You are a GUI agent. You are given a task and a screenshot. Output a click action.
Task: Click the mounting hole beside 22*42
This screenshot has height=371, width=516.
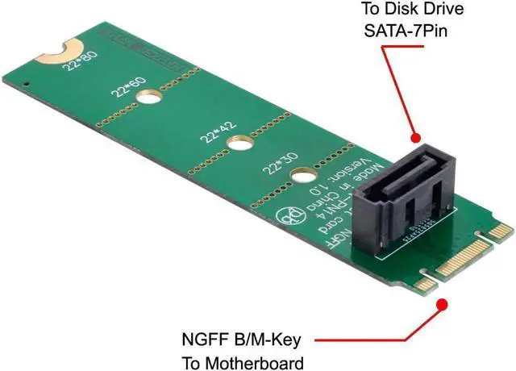pyautogui.click(x=238, y=144)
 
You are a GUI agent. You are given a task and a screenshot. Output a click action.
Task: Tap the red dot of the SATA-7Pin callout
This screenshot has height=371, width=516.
pyautogui.click(x=415, y=139)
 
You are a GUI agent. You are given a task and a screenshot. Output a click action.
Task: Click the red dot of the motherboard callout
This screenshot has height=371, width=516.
pyautogui.click(x=442, y=304)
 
